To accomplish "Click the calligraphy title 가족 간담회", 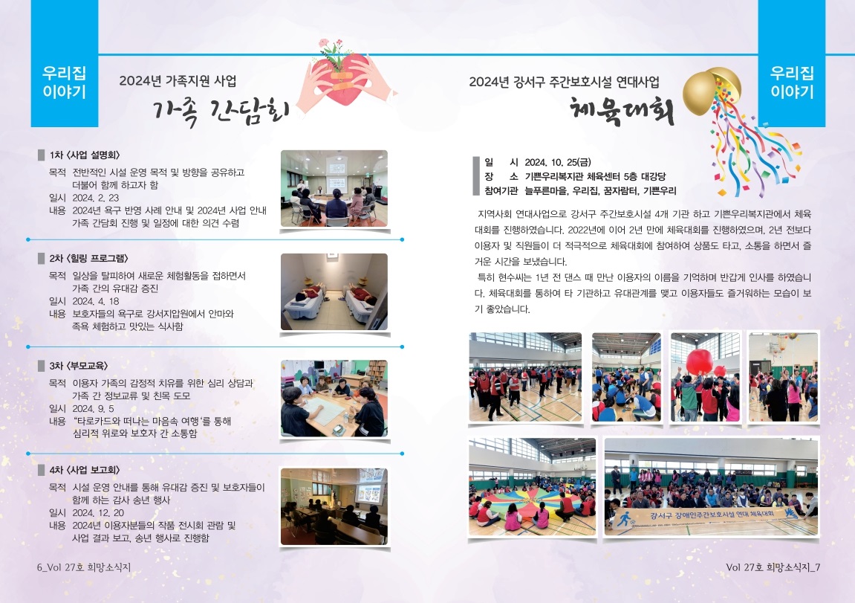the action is click(x=221, y=112).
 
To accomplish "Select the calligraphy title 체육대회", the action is click(x=622, y=110).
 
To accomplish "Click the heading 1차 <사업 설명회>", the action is click(x=85, y=155).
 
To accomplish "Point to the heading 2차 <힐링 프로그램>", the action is click(x=89, y=259).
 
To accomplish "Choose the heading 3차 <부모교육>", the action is click(x=79, y=366).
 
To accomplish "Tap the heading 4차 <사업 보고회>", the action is click(x=85, y=470).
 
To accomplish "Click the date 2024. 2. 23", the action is click(x=95, y=198).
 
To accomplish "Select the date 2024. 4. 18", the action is click(x=95, y=301).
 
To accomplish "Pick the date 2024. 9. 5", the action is click(x=94, y=408).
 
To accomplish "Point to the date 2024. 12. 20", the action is click(x=98, y=513).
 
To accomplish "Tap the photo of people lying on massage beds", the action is click(x=334, y=292).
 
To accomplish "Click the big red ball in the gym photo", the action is click(x=700, y=362).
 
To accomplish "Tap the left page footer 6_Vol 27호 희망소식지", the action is click(x=84, y=567).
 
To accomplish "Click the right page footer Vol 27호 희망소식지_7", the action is click(x=773, y=567).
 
